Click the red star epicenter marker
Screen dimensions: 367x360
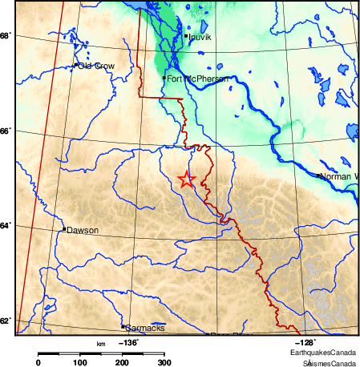(186, 179)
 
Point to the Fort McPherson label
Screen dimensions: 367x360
(196, 79)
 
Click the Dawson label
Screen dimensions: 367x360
(83, 230)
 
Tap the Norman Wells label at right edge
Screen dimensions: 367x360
(340, 175)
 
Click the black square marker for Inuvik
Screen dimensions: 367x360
(186, 36)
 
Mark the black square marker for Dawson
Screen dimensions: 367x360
(64, 229)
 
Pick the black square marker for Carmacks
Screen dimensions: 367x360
(123, 327)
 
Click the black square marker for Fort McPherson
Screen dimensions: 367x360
(164, 78)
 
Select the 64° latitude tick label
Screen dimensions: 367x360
(5, 227)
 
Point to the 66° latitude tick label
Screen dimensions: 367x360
(5, 131)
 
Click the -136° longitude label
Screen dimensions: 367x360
(127, 342)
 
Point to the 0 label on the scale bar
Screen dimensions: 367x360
(38, 363)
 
